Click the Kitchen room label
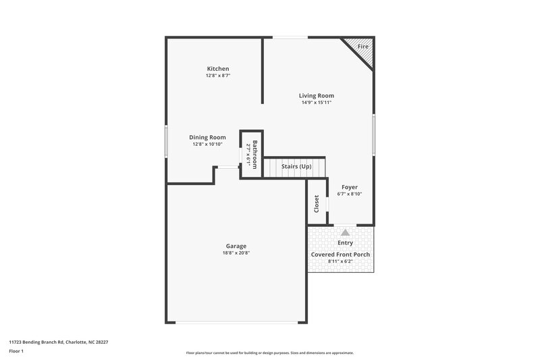coord(218,69)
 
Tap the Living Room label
coord(317,96)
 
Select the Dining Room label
coord(207,137)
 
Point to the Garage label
coord(236,246)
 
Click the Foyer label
coord(350,187)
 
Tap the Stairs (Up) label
coord(296,166)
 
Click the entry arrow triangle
coord(346,232)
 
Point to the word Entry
coord(345,242)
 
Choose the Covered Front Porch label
coord(340,255)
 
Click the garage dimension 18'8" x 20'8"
coord(236,253)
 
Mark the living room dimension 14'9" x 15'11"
coord(317,103)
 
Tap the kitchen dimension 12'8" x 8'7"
coord(218,76)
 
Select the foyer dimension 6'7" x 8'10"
coord(350,195)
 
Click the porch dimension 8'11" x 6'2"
coord(340,261)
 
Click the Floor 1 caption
coord(16,351)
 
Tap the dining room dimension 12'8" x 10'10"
coord(207,144)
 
